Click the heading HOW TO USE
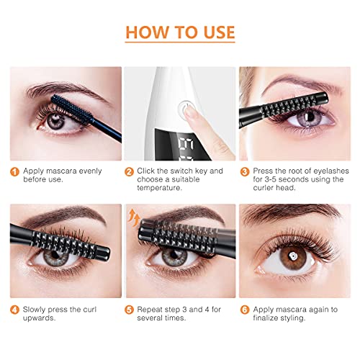click(179, 32)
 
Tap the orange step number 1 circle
click(13, 171)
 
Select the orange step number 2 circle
click(128, 171)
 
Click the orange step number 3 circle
click(244, 171)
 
